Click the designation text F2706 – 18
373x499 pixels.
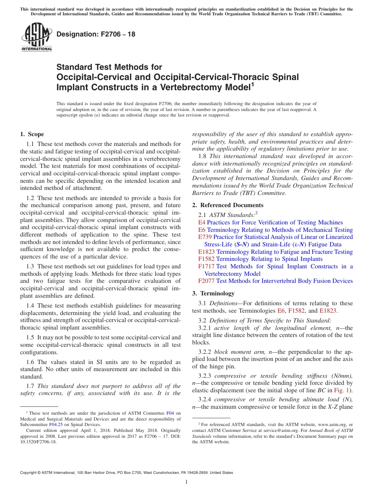(96, 34)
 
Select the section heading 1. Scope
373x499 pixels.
(32, 134)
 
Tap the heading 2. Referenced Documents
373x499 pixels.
(228, 205)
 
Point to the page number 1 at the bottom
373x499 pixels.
(186, 482)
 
